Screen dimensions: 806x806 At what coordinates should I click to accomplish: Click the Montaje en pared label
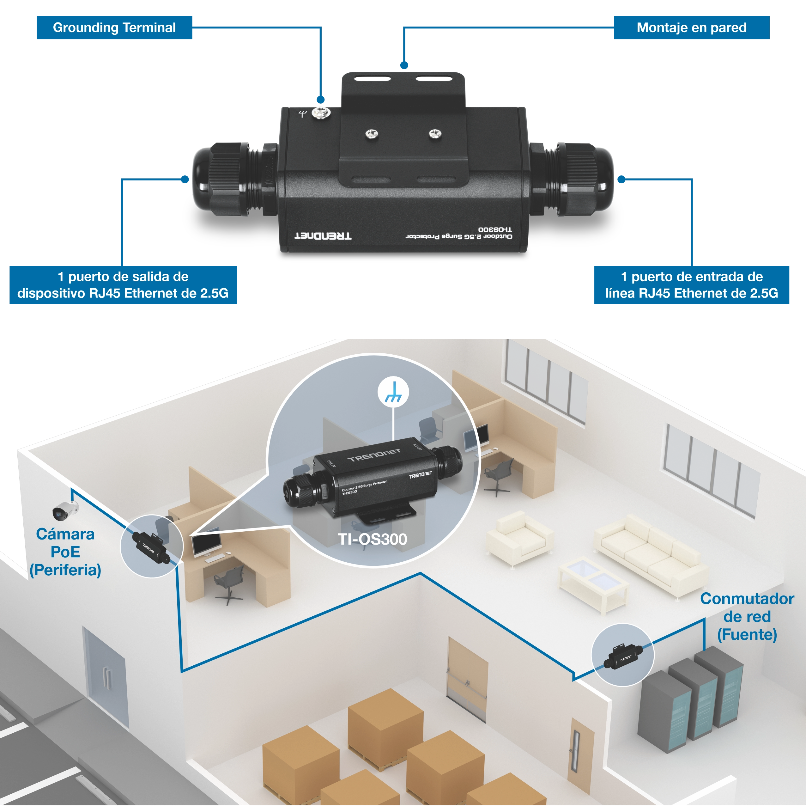[x=691, y=27]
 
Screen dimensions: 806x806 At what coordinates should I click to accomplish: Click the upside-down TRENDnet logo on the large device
[x=323, y=236]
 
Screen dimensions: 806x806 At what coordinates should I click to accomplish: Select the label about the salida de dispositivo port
[x=123, y=285]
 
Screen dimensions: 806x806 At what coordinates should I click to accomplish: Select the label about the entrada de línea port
[x=691, y=285]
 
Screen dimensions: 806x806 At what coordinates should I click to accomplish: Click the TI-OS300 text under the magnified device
[x=372, y=539]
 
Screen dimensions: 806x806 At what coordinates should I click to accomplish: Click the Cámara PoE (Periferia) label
[x=65, y=552]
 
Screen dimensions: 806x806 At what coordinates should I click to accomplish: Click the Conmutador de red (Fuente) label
[x=747, y=616]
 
